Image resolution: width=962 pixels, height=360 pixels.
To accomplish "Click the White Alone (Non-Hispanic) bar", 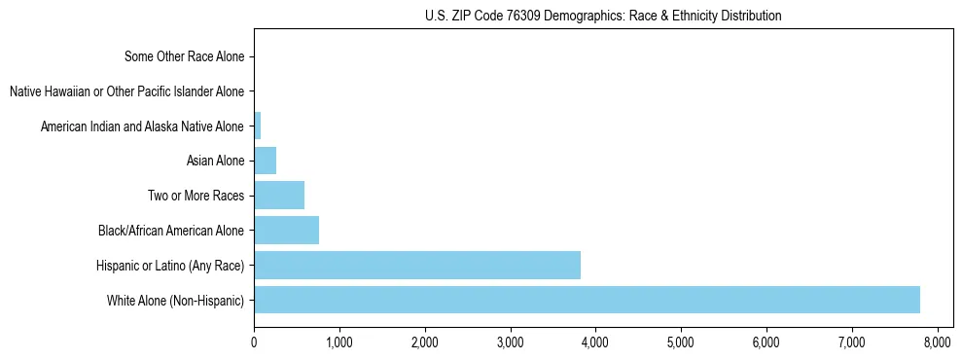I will click(x=587, y=300).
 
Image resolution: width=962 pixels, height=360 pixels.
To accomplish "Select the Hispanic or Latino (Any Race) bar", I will click(x=417, y=265).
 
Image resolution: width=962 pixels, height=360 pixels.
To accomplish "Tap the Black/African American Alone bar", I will click(x=286, y=231).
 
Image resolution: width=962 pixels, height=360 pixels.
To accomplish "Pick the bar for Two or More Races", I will click(x=279, y=196).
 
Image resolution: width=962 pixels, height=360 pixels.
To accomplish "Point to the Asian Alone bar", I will click(x=265, y=161).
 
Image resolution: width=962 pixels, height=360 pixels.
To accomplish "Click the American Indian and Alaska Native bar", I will click(x=257, y=126).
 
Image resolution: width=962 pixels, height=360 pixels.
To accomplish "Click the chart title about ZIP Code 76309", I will click(x=603, y=16).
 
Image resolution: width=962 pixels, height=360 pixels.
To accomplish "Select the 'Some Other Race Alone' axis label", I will click(x=185, y=56).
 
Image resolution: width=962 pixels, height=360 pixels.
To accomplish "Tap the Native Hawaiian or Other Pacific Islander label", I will click(x=126, y=91).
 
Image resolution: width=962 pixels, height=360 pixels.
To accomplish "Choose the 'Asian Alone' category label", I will click(x=215, y=161).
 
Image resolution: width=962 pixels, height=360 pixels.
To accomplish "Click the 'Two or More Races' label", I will click(x=196, y=196).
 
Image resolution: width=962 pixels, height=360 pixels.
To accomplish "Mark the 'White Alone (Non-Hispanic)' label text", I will click(x=176, y=300).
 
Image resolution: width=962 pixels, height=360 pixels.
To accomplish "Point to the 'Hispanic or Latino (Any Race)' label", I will click(x=170, y=265).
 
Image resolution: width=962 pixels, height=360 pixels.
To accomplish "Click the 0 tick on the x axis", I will click(x=254, y=342).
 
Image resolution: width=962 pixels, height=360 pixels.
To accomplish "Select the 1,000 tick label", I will click(x=339, y=342).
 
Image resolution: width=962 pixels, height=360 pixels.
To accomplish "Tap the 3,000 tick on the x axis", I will click(x=510, y=342).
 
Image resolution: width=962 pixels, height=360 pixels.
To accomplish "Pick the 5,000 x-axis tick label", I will click(x=681, y=342).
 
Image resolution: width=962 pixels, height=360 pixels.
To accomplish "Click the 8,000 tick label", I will click(x=937, y=342).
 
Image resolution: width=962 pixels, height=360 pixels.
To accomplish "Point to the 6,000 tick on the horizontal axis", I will click(x=766, y=342).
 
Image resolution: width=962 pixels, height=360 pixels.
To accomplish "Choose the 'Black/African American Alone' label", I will click(x=171, y=231).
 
